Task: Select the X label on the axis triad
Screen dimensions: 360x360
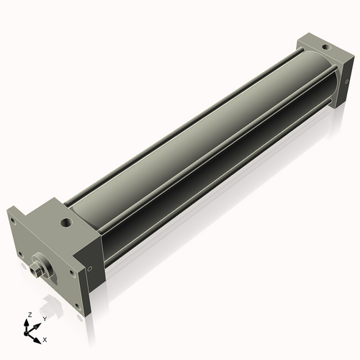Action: coord(45,338)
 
